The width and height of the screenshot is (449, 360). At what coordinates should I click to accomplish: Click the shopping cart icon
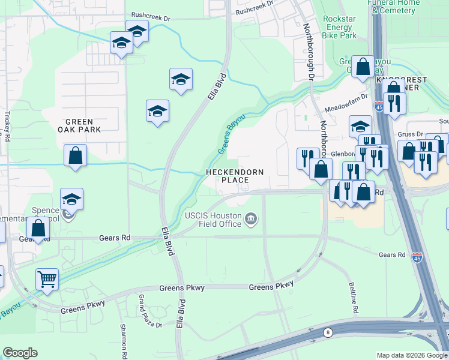coord(47,279)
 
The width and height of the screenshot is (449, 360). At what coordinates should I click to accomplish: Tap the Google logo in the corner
coord(20,353)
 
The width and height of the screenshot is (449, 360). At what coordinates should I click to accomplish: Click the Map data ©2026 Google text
coord(411,355)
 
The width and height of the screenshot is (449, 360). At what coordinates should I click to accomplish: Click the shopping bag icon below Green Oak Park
coord(75,156)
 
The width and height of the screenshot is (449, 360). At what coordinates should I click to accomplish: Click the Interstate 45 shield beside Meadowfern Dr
coord(379,107)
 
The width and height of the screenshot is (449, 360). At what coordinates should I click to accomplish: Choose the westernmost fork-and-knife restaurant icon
coord(307,158)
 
